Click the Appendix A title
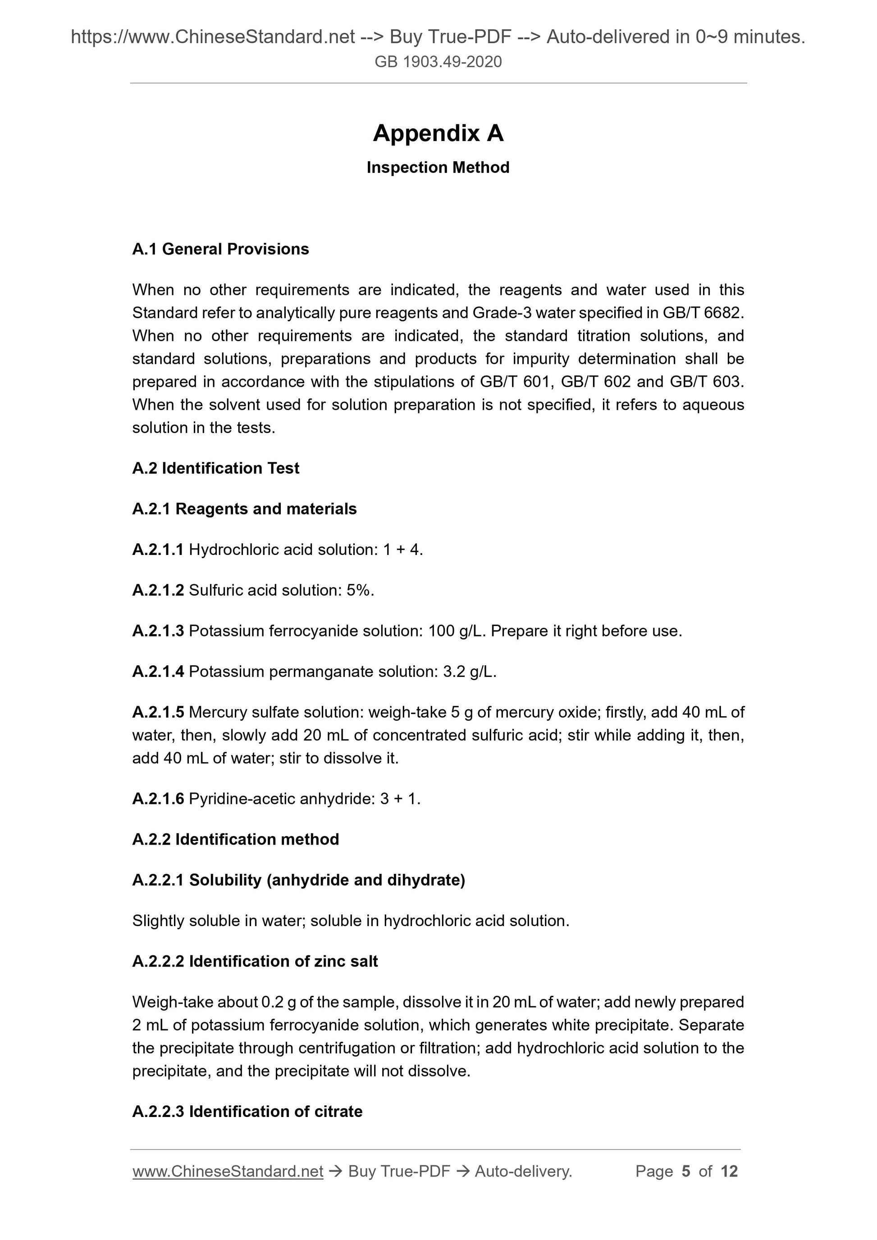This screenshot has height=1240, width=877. pos(438,133)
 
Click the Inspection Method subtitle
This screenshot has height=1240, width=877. pos(438,168)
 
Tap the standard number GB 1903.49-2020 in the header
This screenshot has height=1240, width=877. pos(438,62)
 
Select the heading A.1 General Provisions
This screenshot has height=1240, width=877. pos(220,249)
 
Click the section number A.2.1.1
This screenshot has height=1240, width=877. pos(158,550)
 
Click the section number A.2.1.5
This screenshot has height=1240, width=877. pos(158,713)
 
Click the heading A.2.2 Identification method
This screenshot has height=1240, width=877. pos(236,839)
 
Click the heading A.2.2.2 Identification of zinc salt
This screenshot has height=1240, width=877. pos(255,961)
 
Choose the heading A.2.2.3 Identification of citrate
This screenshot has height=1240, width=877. pos(247,1112)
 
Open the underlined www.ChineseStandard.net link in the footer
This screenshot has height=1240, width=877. pos(228,1171)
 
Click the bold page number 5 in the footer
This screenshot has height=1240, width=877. pos(686,1171)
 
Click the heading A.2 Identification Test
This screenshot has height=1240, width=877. pos(215,468)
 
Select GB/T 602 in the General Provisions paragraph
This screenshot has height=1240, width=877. pos(595,382)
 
